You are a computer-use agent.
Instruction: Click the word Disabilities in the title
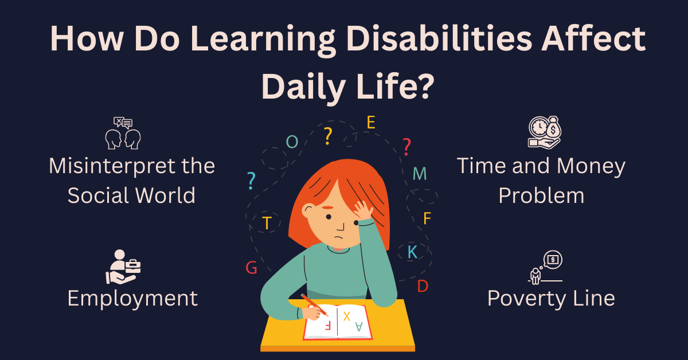pos(439,39)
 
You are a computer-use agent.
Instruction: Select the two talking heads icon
pos(123,133)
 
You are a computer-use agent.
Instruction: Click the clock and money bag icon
pos(545,132)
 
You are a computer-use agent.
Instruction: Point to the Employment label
pos(132,299)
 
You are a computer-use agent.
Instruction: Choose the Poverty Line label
pos(551,298)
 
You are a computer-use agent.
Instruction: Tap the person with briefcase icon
pos(123,267)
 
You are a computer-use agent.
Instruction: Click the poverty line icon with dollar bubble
pos(545,267)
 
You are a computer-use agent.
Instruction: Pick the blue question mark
pos(251,181)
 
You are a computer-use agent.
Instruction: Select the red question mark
pos(406,147)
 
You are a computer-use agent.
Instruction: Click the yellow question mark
pos(328,136)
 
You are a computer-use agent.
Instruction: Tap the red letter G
pos(251,268)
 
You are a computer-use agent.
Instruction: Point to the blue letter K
pos(412,252)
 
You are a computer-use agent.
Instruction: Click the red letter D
pos(423,286)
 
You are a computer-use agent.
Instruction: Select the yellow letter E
pos(371,122)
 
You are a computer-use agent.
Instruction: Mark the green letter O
pos(292,142)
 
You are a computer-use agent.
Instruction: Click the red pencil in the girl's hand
pos(314,305)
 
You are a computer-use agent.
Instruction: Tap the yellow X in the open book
pos(346,316)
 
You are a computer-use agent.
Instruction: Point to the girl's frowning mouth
pos(338,237)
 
